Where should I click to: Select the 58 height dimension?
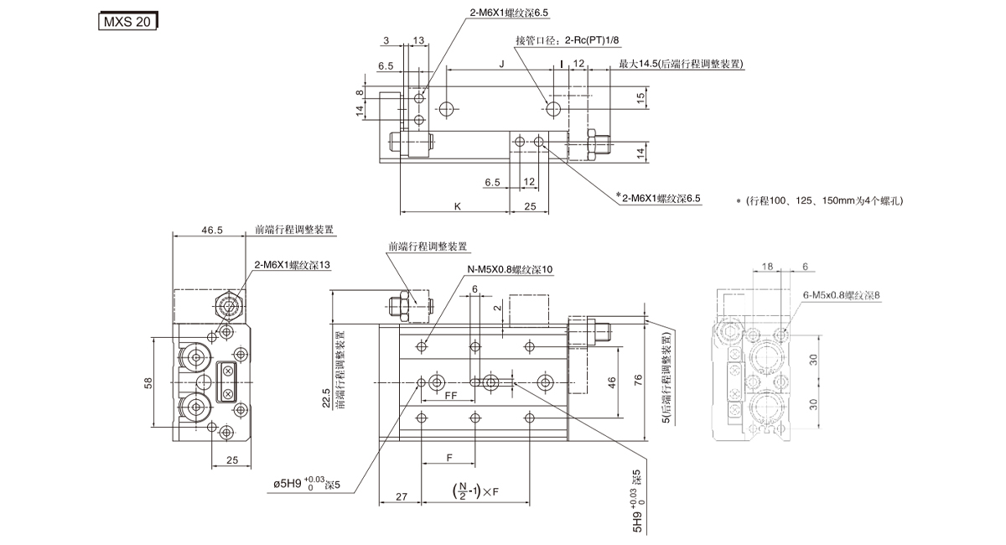[x=148, y=383]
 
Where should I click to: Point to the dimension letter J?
[x=501, y=64]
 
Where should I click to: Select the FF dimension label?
[x=450, y=394]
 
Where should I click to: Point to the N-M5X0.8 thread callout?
[x=511, y=270]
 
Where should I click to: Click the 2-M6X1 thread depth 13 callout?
[x=293, y=265]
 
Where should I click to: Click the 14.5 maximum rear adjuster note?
[x=682, y=64]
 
